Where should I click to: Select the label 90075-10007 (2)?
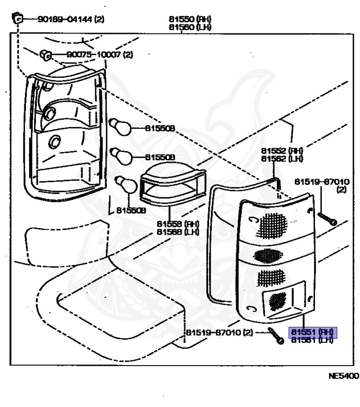click(x=99, y=55)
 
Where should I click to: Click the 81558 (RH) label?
click(x=177, y=224)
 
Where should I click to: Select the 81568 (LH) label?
click(x=177, y=232)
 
